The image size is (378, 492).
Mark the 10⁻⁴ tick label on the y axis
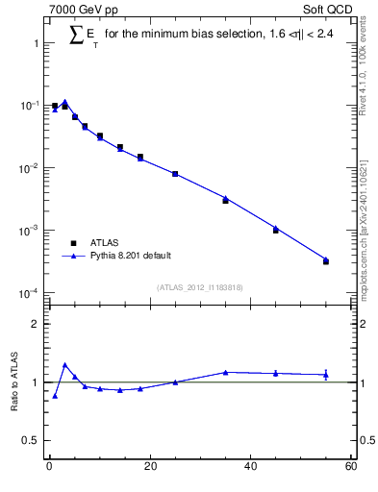coord(28,293)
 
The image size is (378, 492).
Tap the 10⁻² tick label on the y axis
coord(28,168)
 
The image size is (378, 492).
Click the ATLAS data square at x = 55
coord(326,261)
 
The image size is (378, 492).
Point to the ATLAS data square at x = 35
coord(225,201)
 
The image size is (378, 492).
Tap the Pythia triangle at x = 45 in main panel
coord(276,228)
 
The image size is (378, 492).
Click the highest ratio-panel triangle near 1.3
coord(64,365)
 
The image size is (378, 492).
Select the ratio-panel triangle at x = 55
coord(326,375)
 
